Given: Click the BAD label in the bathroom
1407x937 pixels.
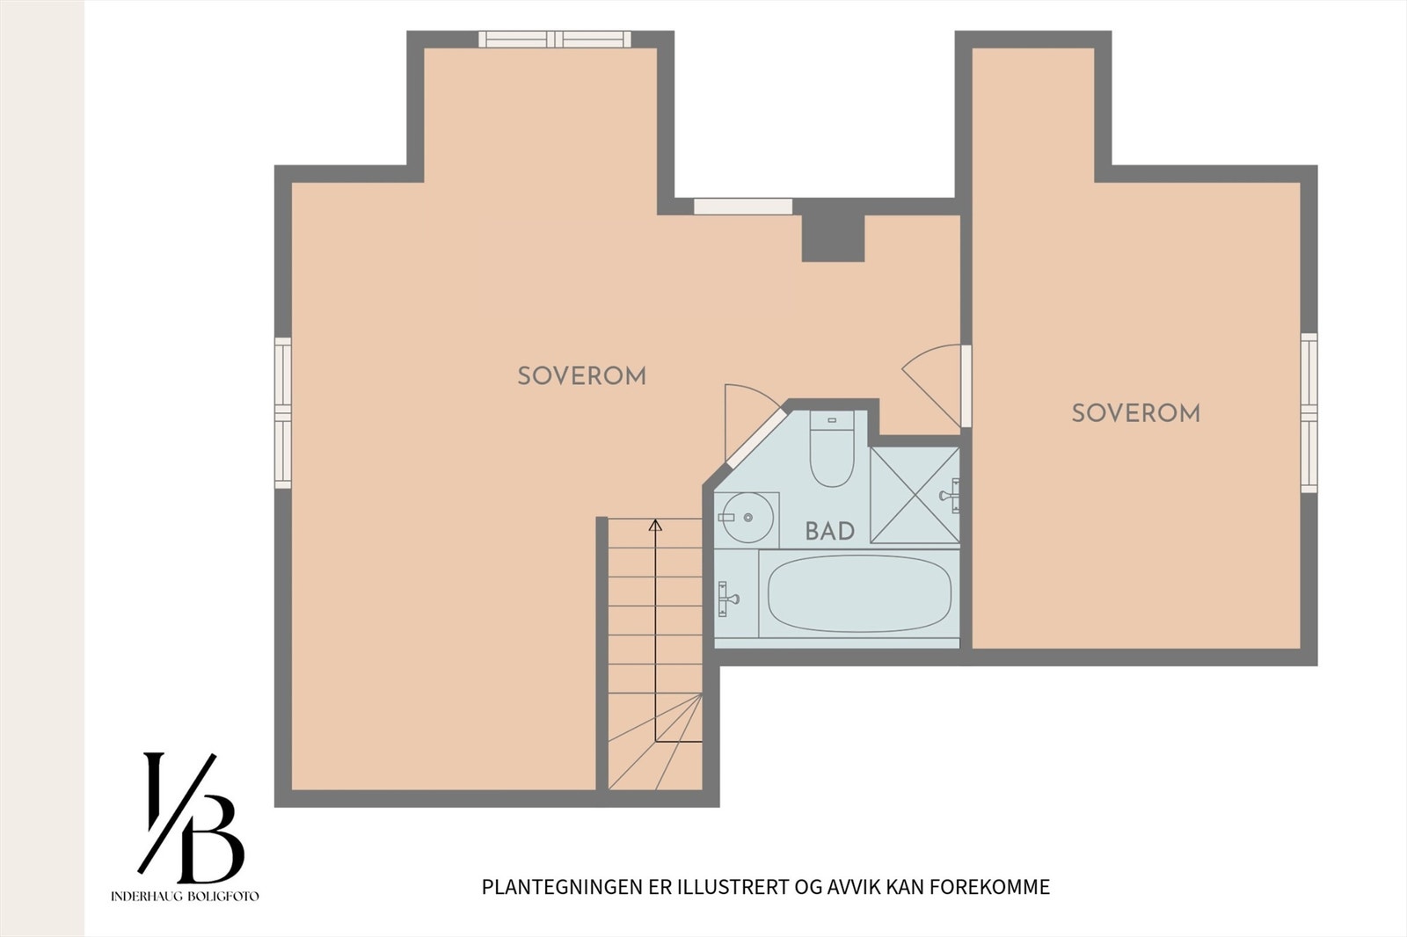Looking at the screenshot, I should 829,531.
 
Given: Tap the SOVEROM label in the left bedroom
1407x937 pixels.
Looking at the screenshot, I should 581,376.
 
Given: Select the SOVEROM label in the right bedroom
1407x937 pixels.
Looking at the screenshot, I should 1135,413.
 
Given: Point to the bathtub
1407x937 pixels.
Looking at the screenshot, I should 858,593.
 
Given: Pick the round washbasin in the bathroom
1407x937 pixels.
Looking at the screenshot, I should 747,518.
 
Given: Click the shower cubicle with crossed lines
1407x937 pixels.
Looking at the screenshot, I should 915,495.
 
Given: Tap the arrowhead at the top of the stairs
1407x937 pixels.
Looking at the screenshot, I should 655,526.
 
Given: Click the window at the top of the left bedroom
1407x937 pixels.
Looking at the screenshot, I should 555,39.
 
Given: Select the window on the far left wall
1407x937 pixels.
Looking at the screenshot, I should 282,413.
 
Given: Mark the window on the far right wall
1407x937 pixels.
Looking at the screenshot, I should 1309,413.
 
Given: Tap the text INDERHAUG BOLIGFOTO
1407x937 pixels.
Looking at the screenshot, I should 185,897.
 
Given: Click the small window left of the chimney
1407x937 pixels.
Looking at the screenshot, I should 742,207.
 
